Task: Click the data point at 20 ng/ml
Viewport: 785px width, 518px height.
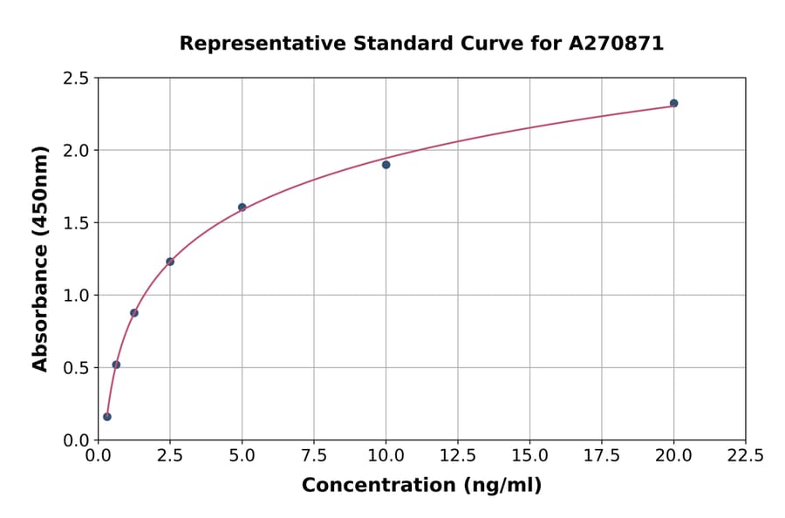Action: pyautogui.click(x=673, y=103)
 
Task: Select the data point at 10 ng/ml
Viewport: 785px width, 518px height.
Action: pyautogui.click(x=386, y=164)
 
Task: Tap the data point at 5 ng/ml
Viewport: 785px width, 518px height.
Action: pyautogui.click(x=242, y=208)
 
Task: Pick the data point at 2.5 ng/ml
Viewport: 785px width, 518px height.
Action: pyautogui.click(x=170, y=262)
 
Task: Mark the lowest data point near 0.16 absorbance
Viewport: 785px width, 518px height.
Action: pyautogui.click(x=107, y=417)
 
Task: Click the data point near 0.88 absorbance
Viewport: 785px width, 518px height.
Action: pyautogui.click(x=134, y=313)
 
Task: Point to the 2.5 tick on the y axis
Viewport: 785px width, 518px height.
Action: pyautogui.click(x=77, y=78)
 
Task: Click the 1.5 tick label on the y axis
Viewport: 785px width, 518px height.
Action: pyautogui.click(x=77, y=223)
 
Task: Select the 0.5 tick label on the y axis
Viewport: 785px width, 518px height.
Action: pyautogui.click(x=77, y=368)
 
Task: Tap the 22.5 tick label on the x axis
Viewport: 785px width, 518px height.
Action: pyautogui.click(x=745, y=456)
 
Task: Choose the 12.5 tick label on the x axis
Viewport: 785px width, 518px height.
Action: pyautogui.click(x=457, y=456)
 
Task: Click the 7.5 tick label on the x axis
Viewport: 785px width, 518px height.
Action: pyautogui.click(x=314, y=456)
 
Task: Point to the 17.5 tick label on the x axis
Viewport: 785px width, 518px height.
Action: pyautogui.click(x=601, y=456)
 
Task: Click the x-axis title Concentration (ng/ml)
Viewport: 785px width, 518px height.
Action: pyautogui.click(x=421, y=486)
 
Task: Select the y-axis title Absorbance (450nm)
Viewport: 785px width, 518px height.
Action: pyautogui.click(x=40, y=258)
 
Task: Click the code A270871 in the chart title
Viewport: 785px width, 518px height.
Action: pyautogui.click(x=617, y=44)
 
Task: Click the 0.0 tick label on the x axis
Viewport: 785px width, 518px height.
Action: pyautogui.click(x=99, y=456)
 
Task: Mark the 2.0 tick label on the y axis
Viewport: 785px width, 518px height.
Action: pyautogui.click(x=77, y=151)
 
